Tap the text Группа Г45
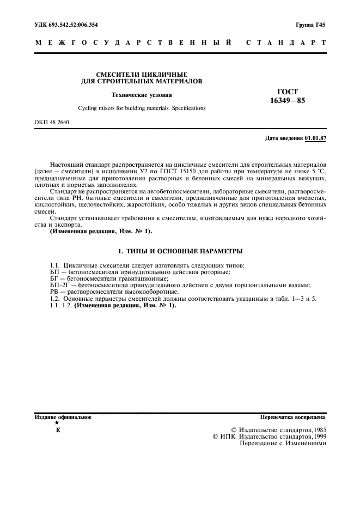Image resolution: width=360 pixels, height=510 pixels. (x=310, y=25)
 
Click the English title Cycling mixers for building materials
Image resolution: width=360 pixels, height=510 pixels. (x=142, y=108)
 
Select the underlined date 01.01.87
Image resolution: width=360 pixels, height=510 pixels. (x=315, y=138)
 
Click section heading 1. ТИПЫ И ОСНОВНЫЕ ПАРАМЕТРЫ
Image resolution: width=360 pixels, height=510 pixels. (x=180, y=251)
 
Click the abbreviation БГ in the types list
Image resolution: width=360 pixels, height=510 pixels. (x=54, y=278)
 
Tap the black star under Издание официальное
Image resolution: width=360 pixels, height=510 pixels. (x=57, y=423)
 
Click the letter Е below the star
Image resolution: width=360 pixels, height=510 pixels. (x=57, y=430)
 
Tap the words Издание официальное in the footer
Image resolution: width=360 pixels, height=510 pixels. (x=63, y=417)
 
